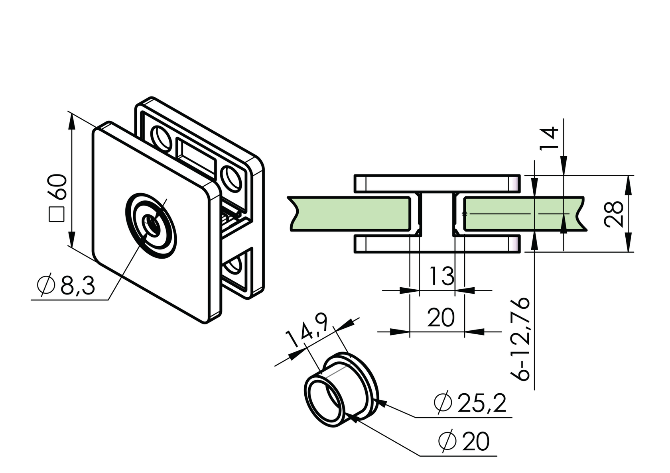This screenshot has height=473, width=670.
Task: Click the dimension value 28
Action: click(614, 214)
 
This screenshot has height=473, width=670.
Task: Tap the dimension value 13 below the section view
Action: click(441, 276)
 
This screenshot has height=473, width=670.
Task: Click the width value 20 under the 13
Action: click(440, 317)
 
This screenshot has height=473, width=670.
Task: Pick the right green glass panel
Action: click(518, 214)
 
